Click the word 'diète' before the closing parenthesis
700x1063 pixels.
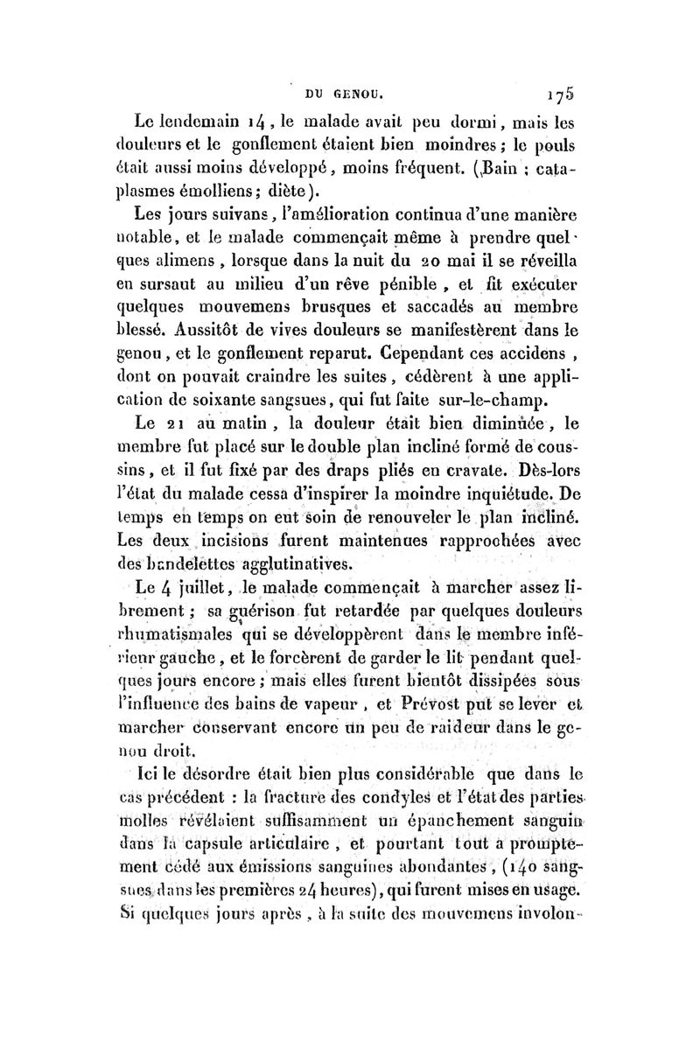click(x=306, y=192)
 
